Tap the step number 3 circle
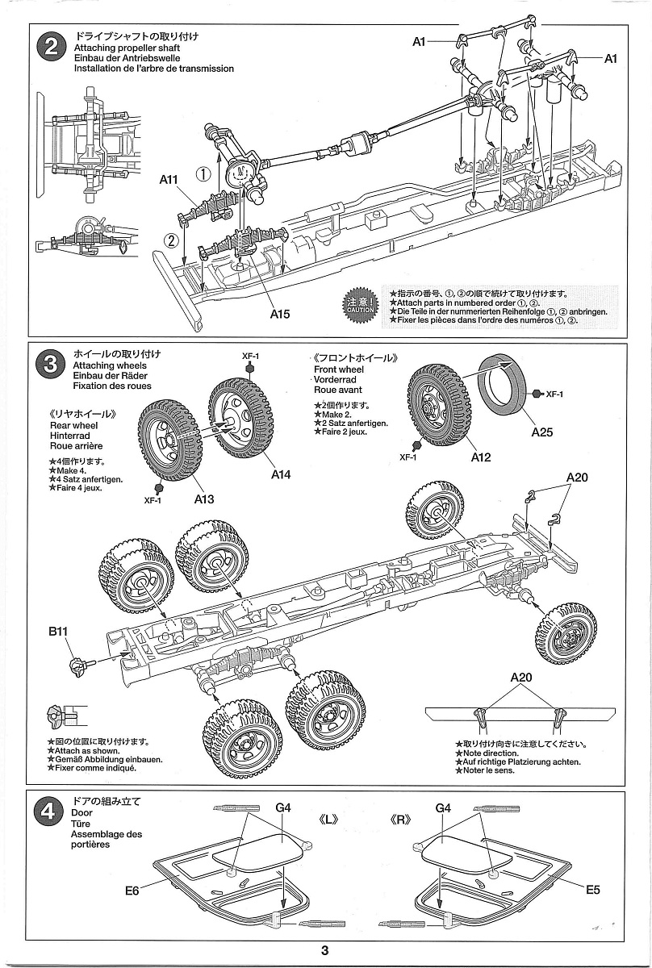51,365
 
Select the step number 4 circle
51,812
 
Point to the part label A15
279,314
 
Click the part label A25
542,432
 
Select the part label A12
481,457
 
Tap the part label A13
204,499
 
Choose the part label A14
280,474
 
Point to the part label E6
133,891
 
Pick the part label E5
593,890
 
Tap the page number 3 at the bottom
324,950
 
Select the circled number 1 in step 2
205,173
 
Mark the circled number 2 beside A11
171,240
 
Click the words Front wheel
339,369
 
